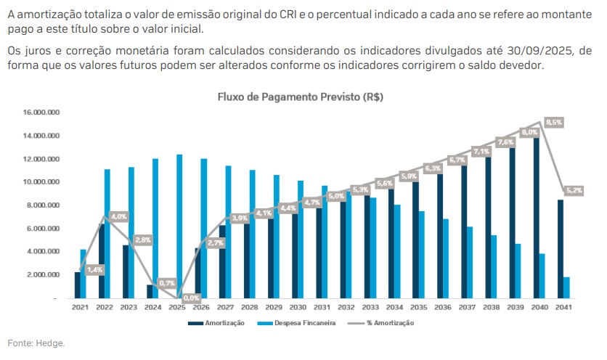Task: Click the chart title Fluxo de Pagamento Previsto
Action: coord(300,97)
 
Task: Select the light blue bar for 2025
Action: coord(179,226)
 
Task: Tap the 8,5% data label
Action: coord(554,123)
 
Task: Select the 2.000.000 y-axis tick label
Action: coord(43,275)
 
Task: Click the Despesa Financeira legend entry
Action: coord(304,323)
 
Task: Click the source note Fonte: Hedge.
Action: coord(36,343)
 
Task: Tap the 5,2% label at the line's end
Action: coord(574,190)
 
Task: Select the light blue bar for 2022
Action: coord(107,233)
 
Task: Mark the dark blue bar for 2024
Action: coord(150,291)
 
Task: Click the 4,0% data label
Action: coord(120,216)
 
